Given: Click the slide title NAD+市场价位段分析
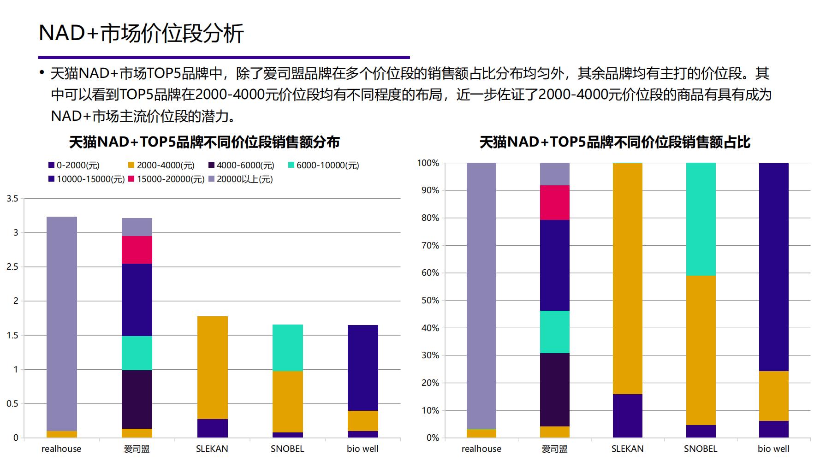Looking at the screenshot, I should pyautogui.click(x=141, y=33).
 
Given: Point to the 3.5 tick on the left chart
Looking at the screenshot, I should pyautogui.click(x=12, y=199).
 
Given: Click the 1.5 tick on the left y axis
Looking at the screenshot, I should pyautogui.click(x=12, y=335).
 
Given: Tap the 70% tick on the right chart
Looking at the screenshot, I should pyautogui.click(x=428, y=245).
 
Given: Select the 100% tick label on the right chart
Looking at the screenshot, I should pyautogui.click(x=428, y=163).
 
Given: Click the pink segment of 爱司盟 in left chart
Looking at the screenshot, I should pyautogui.click(x=137, y=250).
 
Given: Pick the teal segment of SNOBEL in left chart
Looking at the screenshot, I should pyautogui.click(x=288, y=348).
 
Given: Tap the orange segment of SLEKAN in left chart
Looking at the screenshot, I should pyautogui.click(x=212, y=367).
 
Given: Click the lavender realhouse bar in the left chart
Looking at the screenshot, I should pyautogui.click(x=62, y=323).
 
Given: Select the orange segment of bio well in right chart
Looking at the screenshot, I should pyautogui.click(x=773, y=396).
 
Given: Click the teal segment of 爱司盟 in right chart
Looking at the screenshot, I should pyautogui.click(x=554, y=332).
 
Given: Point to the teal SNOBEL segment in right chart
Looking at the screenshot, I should pyautogui.click(x=701, y=219).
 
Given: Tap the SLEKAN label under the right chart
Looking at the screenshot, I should pyautogui.click(x=627, y=449).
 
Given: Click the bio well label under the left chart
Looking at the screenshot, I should pyautogui.click(x=362, y=449).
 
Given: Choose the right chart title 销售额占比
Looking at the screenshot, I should pyautogui.click(x=615, y=142).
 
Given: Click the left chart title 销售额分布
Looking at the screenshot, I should pyautogui.click(x=204, y=142).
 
